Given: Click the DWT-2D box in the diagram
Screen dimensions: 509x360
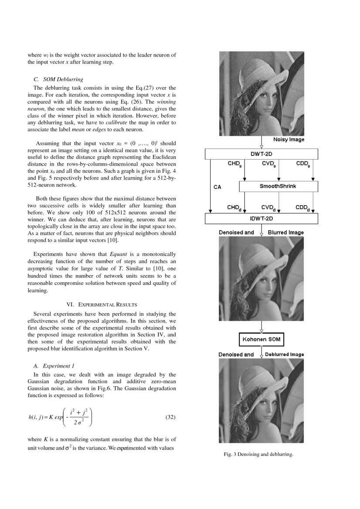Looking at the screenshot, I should (x=262, y=154).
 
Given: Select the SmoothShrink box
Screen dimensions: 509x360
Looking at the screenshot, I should (x=278, y=186).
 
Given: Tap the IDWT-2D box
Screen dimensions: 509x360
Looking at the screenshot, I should (x=262, y=218).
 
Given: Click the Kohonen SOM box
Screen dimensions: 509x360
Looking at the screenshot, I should (x=261, y=339).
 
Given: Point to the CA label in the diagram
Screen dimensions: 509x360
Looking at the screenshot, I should (x=217, y=187).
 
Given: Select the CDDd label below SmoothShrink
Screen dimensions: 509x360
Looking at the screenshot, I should (x=302, y=208).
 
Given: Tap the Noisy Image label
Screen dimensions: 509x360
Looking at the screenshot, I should (x=289, y=139).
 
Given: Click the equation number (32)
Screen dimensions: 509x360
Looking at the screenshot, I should (x=171, y=417).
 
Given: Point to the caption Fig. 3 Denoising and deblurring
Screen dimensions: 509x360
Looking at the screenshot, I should (x=258, y=455).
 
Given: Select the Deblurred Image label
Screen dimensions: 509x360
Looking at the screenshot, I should (x=285, y=354).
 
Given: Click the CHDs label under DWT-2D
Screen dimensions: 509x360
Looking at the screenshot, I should (x=234, y=164).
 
